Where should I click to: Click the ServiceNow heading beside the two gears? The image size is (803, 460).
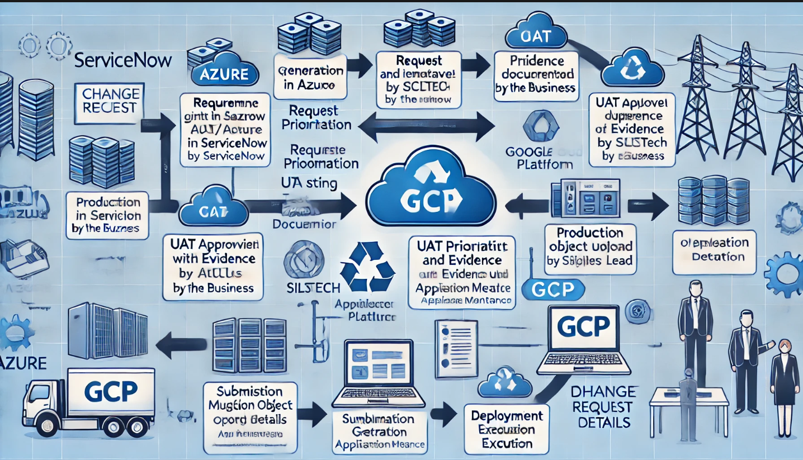point(123,60)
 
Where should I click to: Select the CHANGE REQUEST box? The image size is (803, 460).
point(110,101)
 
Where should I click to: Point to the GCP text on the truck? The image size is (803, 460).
point(112,391)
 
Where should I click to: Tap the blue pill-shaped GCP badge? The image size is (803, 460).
point(552,289)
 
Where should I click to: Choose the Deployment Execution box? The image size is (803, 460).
point(507,429)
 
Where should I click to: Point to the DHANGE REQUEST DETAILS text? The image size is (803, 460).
point(604,406)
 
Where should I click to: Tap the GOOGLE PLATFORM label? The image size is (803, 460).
point(539,158)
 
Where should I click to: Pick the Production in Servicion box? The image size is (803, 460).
point(107,215)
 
